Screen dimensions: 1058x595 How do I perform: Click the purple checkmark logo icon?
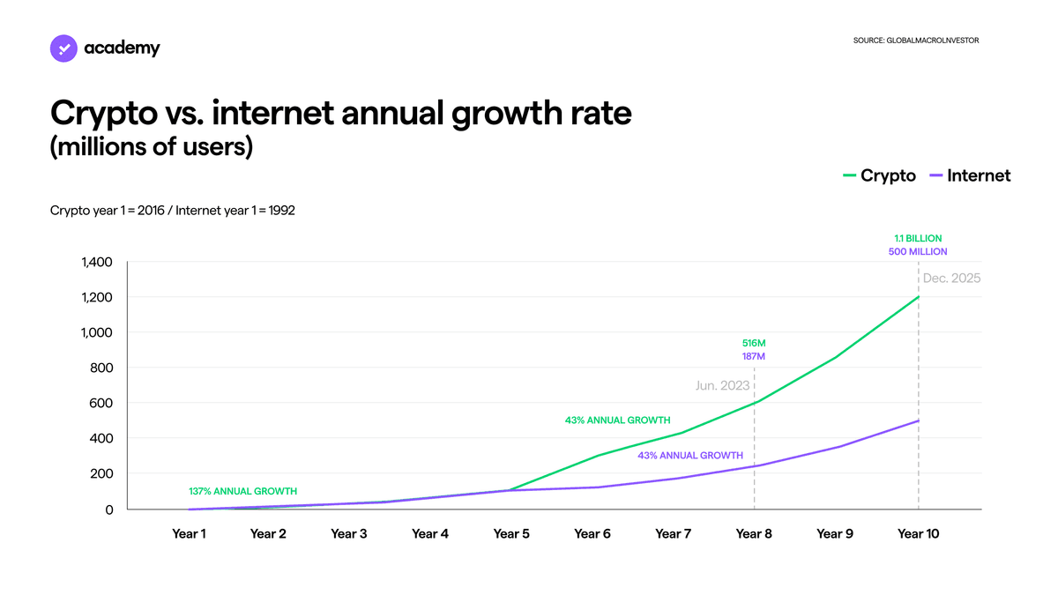pos(63,48)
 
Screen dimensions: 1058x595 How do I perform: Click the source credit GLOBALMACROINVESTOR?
pos(916,41)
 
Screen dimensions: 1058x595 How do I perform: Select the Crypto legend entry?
pos(880,175)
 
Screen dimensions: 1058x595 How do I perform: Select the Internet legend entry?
pos(970,175)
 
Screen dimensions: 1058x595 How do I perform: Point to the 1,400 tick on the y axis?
pos(97,262)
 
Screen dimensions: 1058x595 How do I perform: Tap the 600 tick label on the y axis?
pos(101,404)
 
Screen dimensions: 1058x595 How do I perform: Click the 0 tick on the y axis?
pos(109,510)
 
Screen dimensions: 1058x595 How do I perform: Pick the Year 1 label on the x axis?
pos(189,534)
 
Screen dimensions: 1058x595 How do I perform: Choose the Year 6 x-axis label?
pos(592,534)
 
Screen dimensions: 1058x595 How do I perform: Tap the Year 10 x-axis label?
pos(918,534)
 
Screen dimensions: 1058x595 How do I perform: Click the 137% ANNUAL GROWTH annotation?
pos(242,492)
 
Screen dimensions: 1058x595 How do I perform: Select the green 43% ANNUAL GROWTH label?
pos(618,420)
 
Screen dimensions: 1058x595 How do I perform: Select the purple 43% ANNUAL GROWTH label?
pos(690,456)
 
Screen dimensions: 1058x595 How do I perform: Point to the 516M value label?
pos(754,343)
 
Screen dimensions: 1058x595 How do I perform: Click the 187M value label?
pos(753,356)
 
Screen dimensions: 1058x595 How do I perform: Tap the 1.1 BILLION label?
pos(918,239)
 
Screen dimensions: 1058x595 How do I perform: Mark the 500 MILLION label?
pos(918,252)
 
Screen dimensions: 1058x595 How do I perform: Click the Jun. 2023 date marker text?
pos(723,386)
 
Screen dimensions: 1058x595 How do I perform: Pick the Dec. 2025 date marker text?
pos(951,279)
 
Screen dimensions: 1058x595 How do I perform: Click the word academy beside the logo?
pos(122,48)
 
